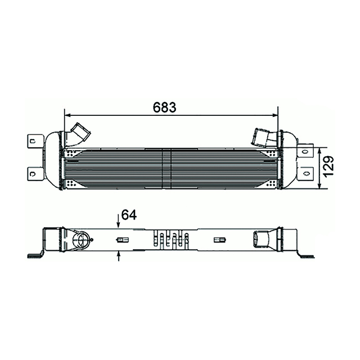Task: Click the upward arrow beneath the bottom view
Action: coord(119,256)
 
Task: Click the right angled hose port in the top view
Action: coord(263,137)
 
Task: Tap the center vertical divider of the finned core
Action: coord(163,167)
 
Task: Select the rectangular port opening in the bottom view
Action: coord(262,240)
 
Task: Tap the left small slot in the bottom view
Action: coord(119,240)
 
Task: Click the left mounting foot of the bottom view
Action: coord(38,254)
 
